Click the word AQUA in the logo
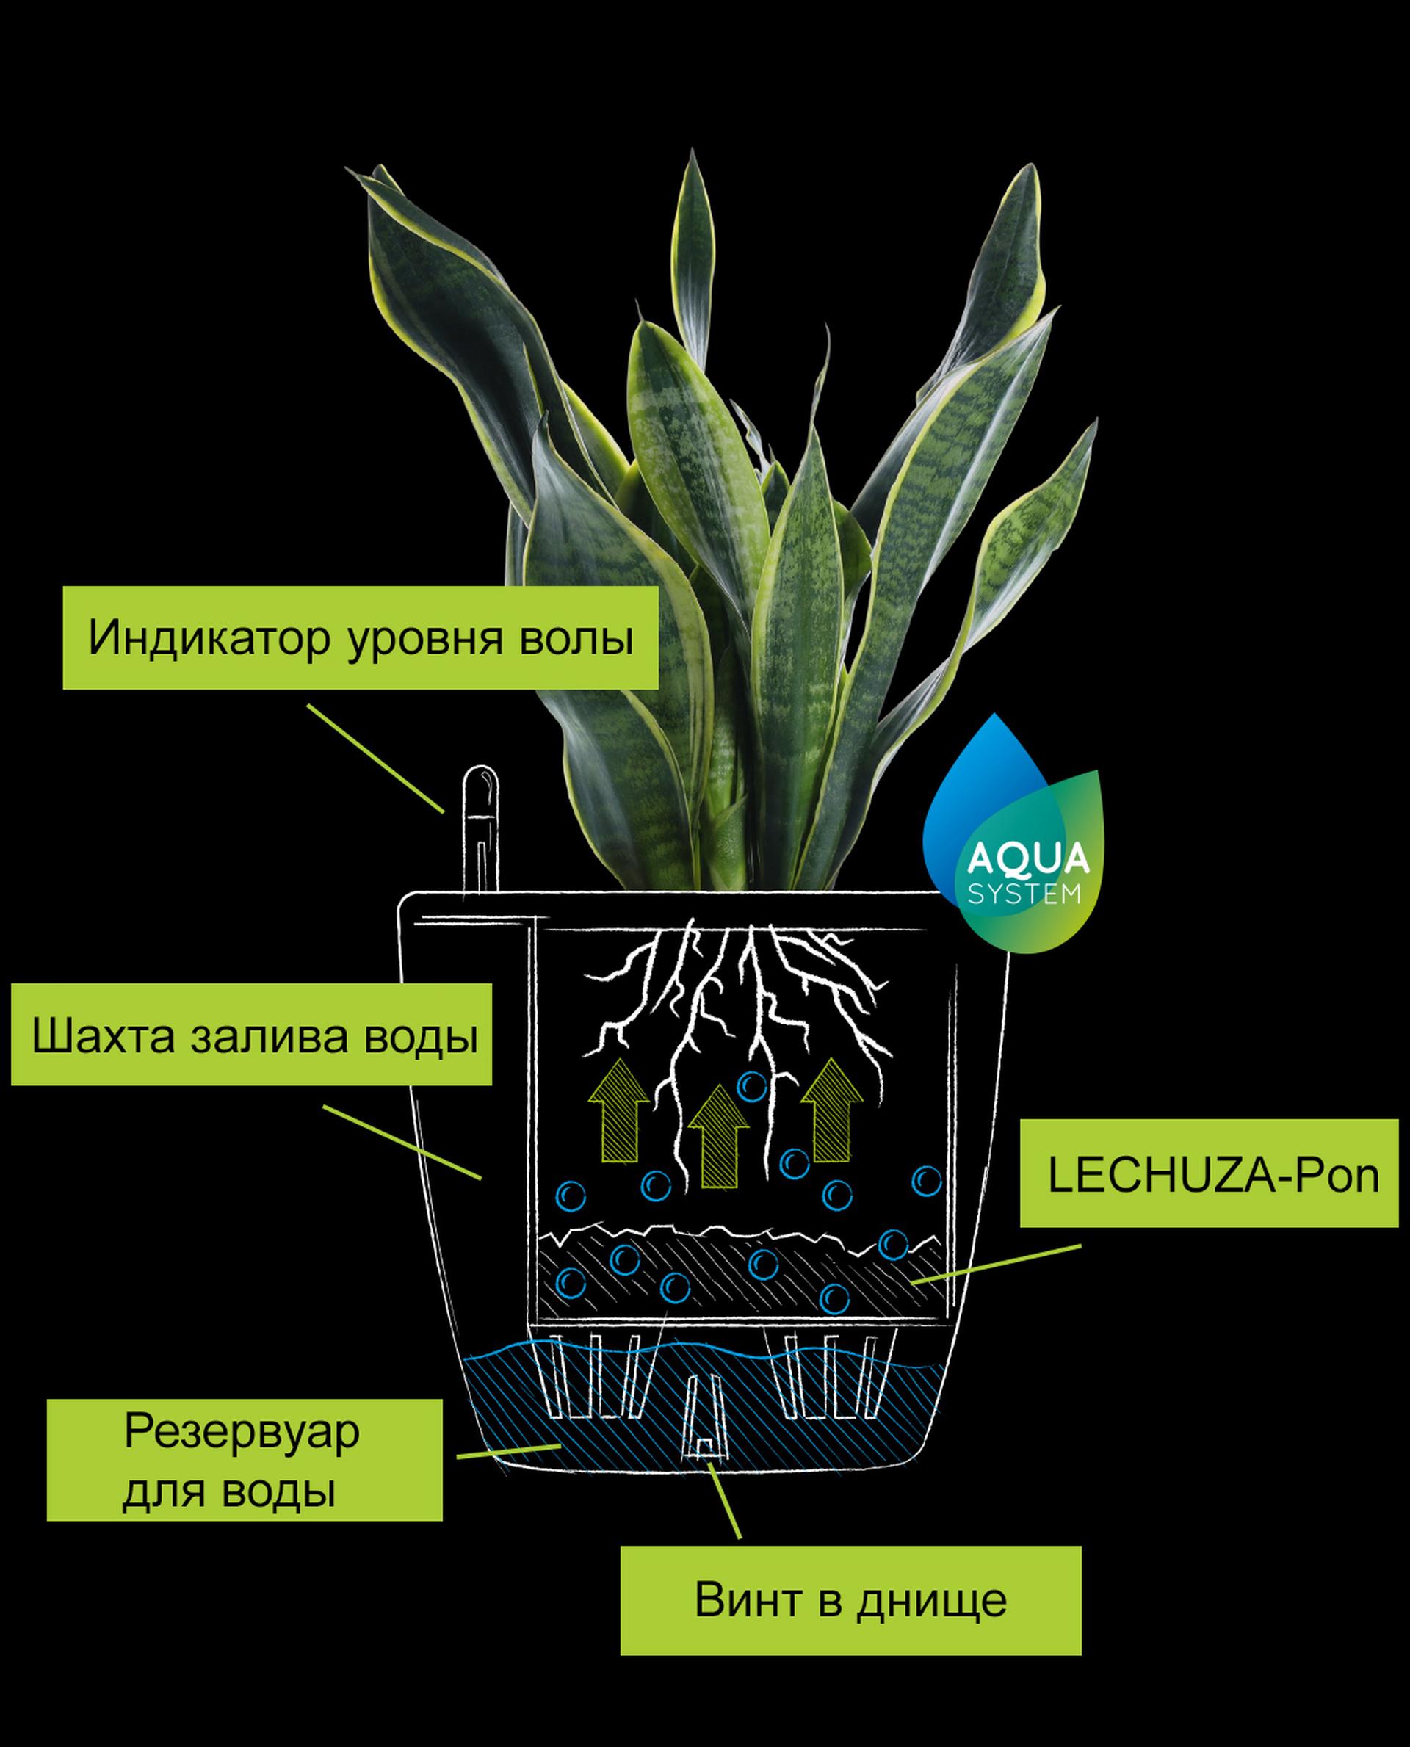click(x=1028, y=858)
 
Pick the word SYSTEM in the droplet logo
click(x=1024, y=894)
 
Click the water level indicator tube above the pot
click(x=480, y=828)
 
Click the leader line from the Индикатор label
click(x=375, y=759)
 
